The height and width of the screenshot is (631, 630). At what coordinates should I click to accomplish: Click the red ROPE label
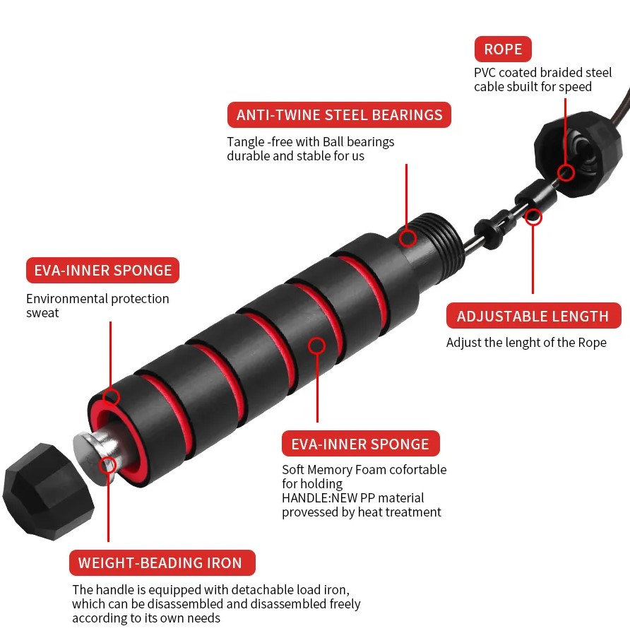503,49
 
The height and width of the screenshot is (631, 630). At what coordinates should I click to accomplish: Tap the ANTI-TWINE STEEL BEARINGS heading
339,115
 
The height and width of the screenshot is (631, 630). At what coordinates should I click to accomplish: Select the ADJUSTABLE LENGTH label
533,316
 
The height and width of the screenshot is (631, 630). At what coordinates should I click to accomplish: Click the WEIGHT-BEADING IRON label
162,562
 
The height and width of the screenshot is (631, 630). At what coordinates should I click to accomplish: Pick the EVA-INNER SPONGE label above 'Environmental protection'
102,271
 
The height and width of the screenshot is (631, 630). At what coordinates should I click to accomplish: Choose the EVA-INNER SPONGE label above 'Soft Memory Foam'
360,444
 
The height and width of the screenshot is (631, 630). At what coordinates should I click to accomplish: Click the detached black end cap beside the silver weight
47,491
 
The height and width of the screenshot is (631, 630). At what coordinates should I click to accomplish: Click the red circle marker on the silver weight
107,465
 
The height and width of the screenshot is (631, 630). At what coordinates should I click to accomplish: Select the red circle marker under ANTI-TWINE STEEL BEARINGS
408,238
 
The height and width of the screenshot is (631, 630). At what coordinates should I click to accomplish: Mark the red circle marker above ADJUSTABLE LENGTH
533,218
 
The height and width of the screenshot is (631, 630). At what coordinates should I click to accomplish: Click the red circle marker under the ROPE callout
566,173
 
